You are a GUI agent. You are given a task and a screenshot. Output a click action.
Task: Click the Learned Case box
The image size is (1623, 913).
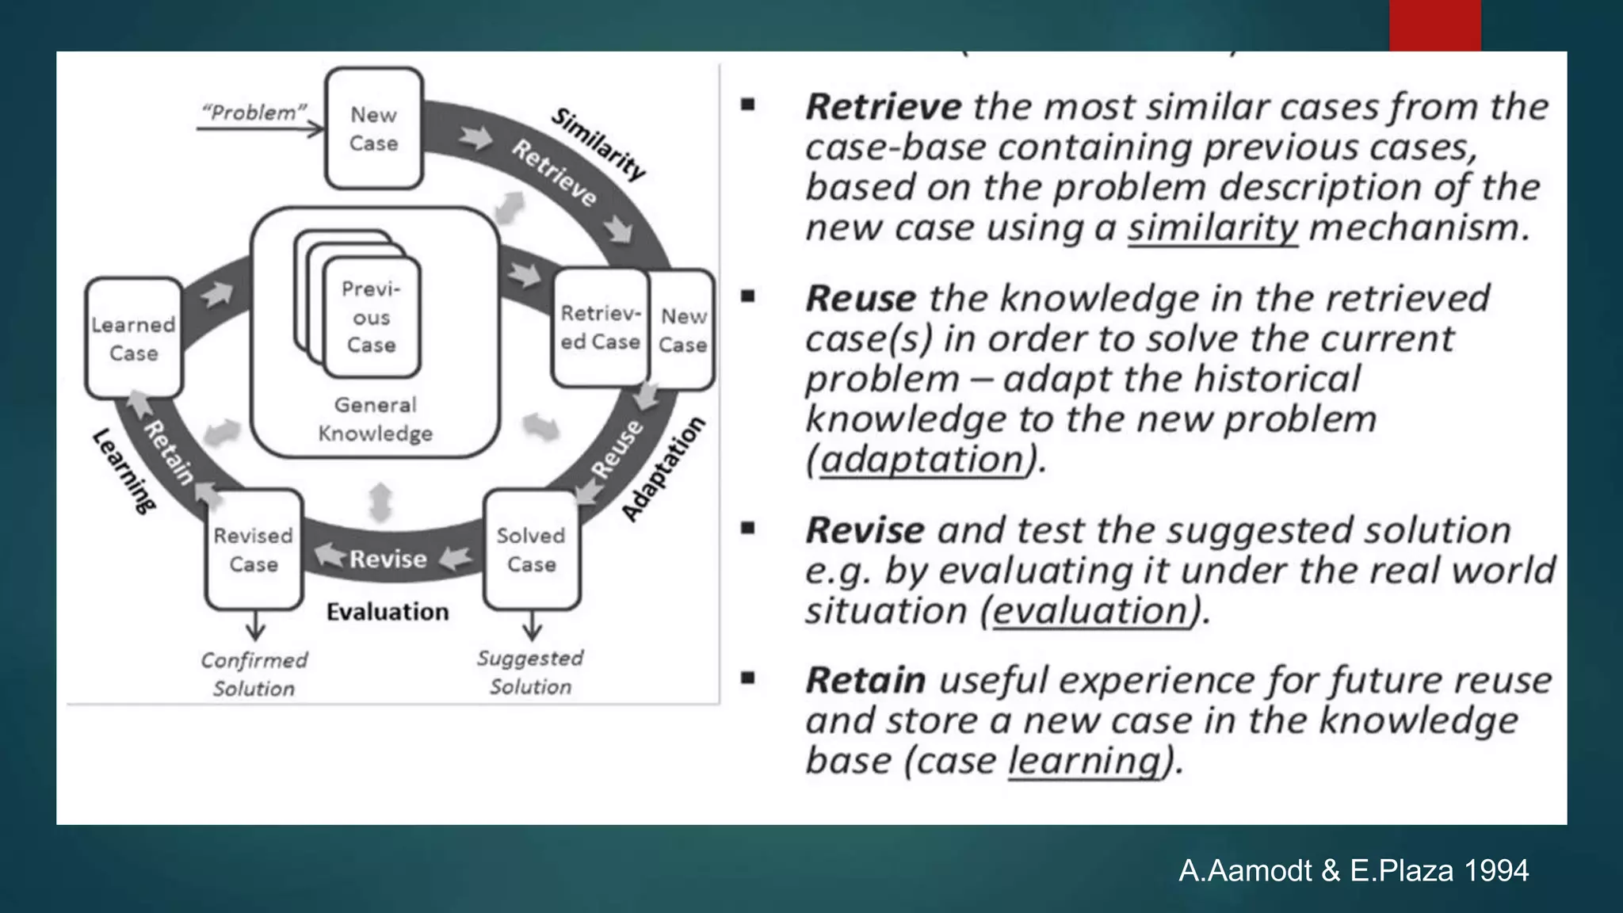133,338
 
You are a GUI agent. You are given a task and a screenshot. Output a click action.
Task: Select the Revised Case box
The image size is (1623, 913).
254,550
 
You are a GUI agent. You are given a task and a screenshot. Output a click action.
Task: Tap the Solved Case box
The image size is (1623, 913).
532,550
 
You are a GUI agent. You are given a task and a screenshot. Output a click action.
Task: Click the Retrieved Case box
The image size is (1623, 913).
600,328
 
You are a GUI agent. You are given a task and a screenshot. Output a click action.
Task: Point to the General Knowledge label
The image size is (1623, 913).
375,419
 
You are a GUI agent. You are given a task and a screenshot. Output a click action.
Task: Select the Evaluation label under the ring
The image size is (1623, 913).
388,612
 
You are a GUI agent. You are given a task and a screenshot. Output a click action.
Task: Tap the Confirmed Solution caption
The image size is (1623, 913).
254,674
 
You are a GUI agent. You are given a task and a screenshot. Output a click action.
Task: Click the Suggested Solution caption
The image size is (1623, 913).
530,672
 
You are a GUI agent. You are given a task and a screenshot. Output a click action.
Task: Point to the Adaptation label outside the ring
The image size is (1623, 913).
663,469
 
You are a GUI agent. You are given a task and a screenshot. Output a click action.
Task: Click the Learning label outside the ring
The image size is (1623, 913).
124,471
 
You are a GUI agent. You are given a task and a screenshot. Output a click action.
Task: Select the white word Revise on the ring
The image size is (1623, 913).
388,559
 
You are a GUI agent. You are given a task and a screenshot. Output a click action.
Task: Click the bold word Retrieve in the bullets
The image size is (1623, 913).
883,107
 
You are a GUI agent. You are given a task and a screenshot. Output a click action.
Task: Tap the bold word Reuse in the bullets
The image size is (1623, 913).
861,299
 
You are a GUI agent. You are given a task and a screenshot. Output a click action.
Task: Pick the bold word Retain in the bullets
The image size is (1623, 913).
865,681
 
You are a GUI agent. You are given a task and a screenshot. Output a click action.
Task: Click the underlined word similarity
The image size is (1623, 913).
1212,228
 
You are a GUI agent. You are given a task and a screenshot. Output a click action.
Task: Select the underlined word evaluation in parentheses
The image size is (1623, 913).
1090,611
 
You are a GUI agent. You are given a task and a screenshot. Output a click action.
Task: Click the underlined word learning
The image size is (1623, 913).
1083,761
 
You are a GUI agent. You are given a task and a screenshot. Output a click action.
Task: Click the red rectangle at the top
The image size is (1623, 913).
1434,25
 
